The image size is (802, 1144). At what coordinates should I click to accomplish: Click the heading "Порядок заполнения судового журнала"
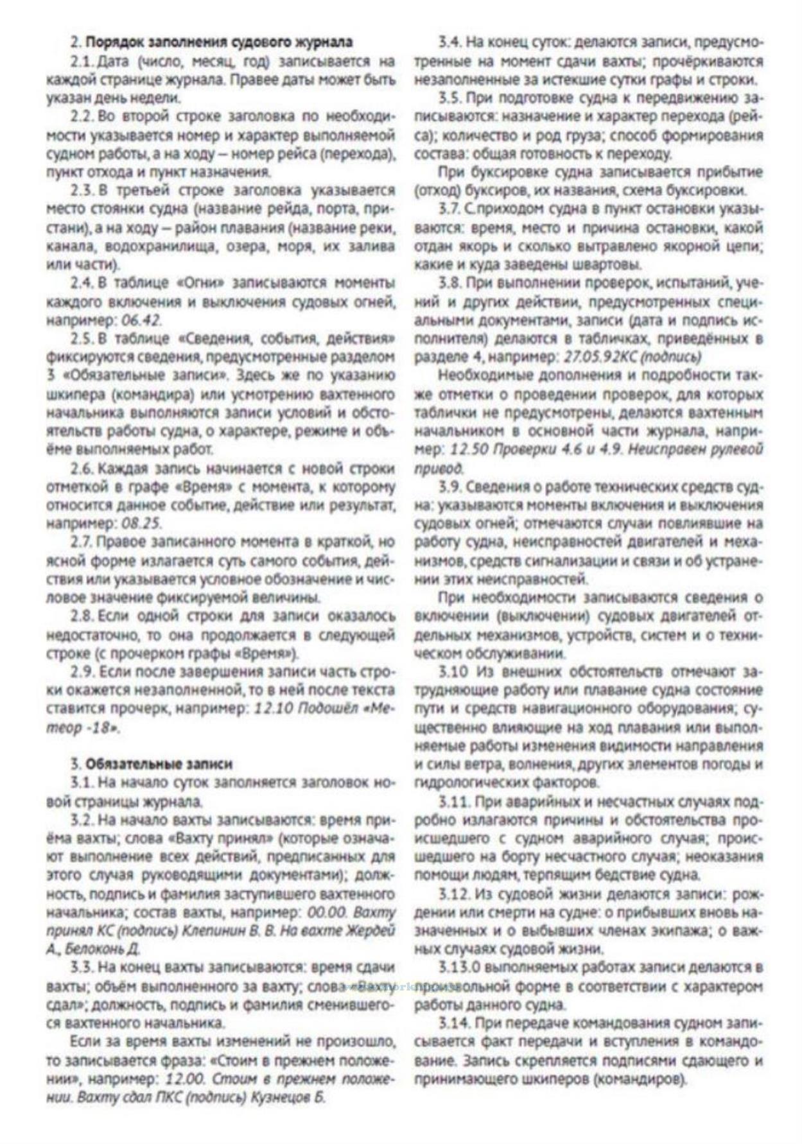point(219,42)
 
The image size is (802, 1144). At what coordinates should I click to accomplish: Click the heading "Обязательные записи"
point(159,764)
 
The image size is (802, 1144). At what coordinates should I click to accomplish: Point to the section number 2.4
point(82,283)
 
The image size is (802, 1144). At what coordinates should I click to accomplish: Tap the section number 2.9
point(82,672)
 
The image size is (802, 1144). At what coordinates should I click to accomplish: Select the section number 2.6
point(82,468)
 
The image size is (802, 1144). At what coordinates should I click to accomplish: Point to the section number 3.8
point(450,283)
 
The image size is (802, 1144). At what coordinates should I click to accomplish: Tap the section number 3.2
point(82,820)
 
